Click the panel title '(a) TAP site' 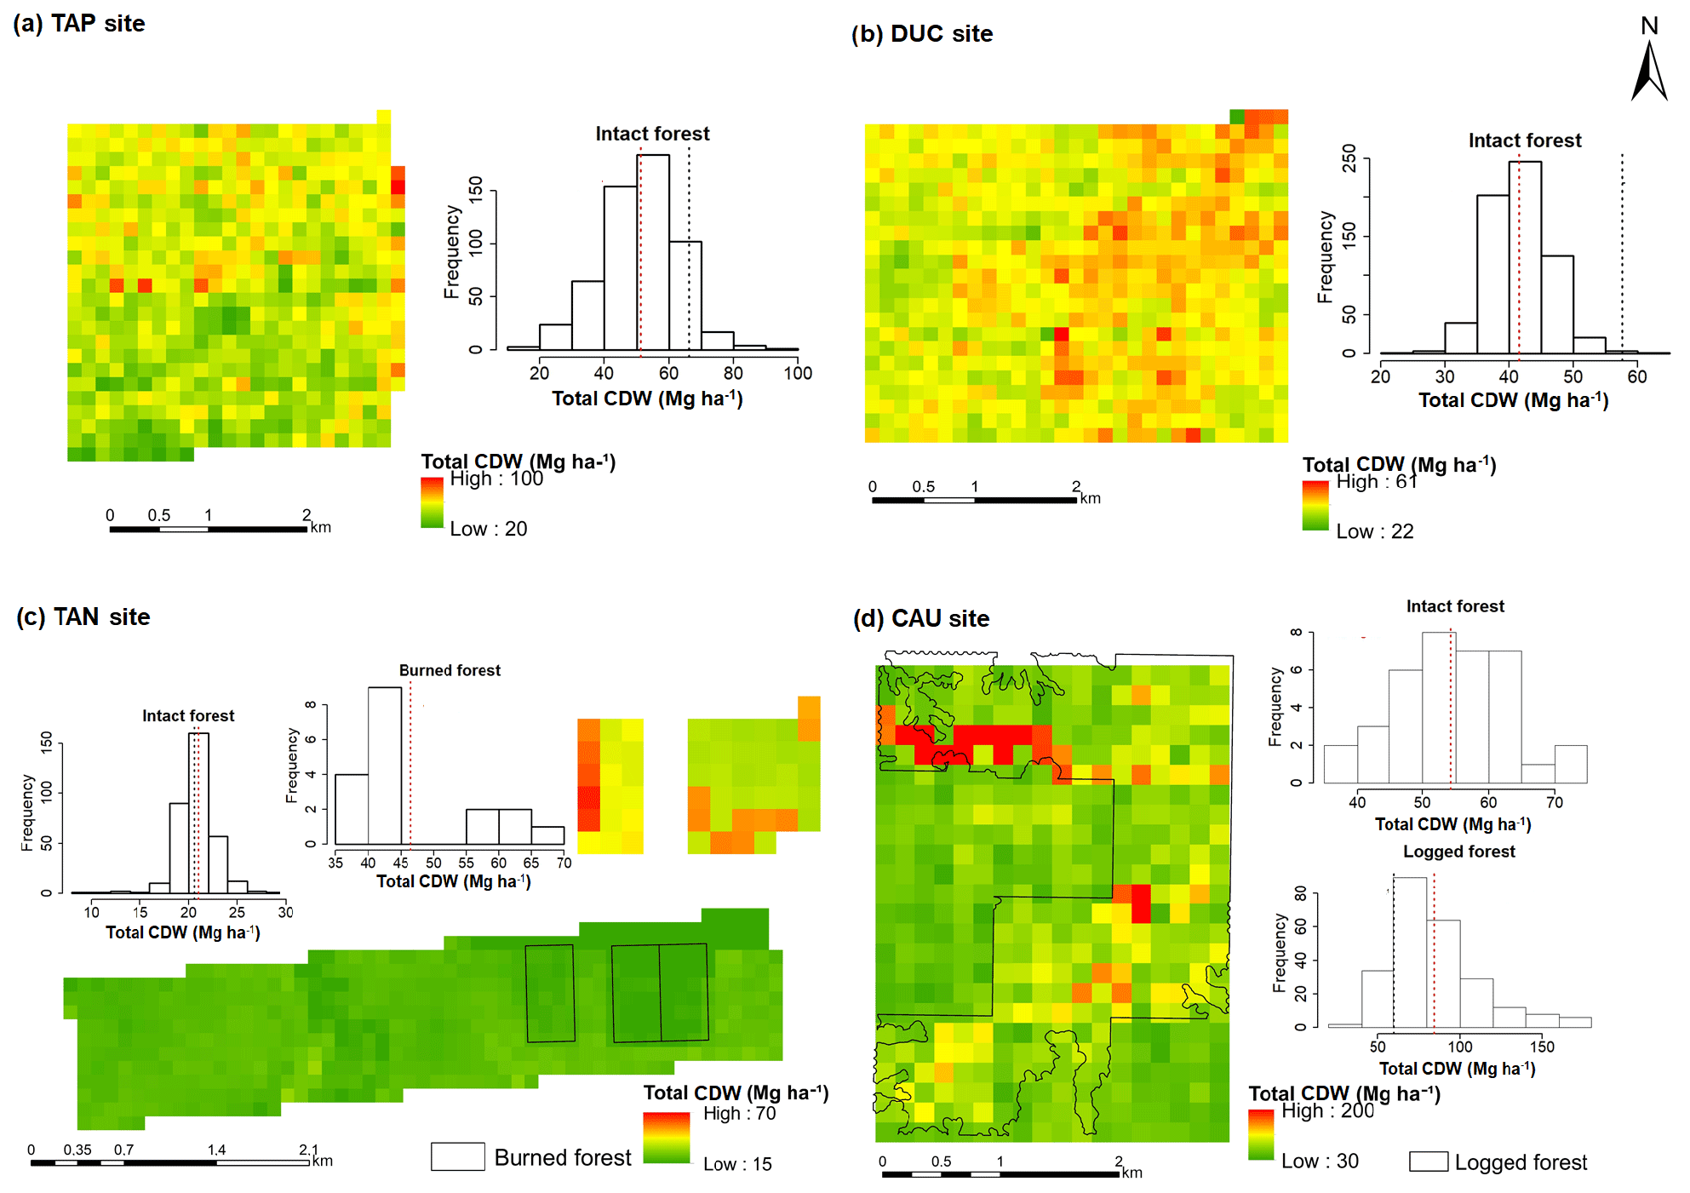point(79,24)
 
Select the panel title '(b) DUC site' point(922,34)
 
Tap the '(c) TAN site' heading point(83,617)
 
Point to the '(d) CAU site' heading point(921,618)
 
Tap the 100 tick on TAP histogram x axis point(798,373)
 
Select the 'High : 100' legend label point(496,479)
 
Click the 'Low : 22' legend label point(1374,531)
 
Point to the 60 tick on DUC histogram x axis point(1637,376)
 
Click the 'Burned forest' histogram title point(450,670)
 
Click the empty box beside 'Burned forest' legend point(457,1156)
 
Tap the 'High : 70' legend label point(739,1113)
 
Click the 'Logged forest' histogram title point(1458,852)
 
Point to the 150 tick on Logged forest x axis point(1542,1047)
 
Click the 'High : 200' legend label point(1327,1110)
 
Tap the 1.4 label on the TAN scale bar point(216,1150)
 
